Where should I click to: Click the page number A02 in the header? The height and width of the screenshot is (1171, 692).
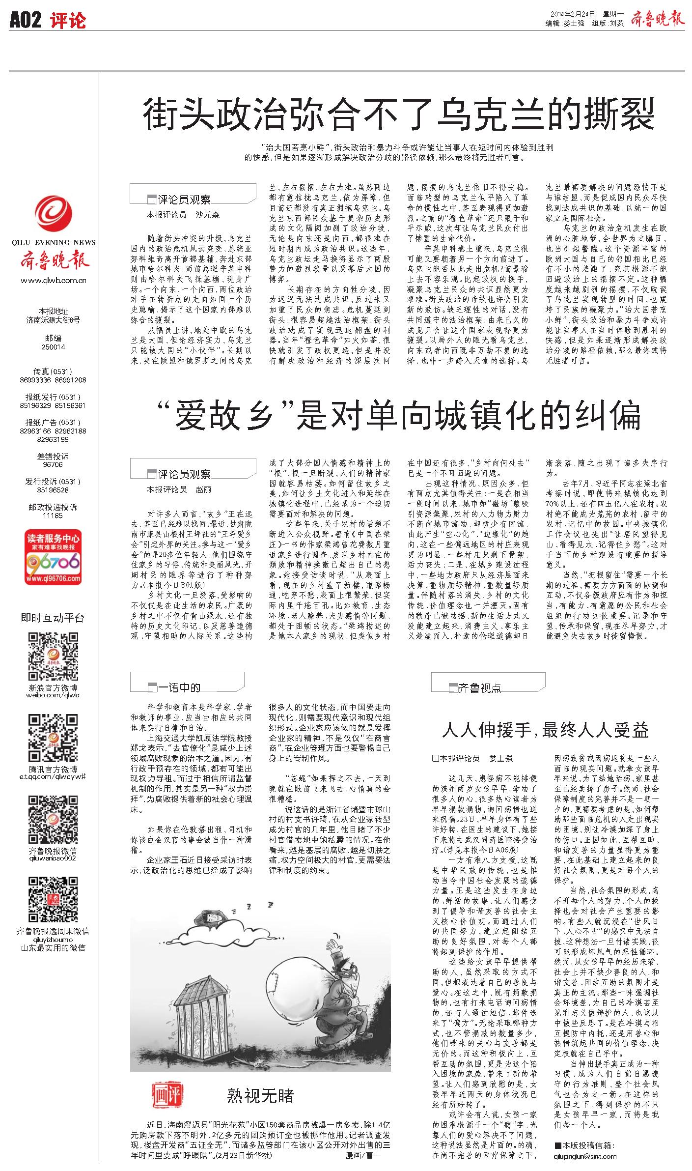pyautogui.click(x=26, y=20)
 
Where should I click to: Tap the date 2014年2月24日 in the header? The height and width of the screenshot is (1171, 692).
pyautogui.click(x=570, y=15)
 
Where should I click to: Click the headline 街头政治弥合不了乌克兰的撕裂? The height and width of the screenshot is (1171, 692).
pyautogui.click(x=399, y=114)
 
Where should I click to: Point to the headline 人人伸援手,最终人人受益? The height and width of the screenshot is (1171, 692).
pyautogui.click(x=545, y=730)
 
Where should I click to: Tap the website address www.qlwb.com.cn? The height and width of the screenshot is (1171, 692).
pyautogui.click(x=54, y=281)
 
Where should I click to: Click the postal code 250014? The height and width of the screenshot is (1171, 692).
pyautogui.click(x=54, y=346)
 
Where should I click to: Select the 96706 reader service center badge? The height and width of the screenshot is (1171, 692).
pyautogui.click(x=54, y=557)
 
